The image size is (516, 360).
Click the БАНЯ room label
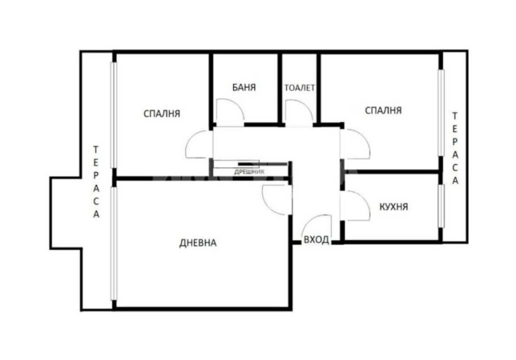(245, 87)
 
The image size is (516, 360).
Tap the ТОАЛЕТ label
(300, 88)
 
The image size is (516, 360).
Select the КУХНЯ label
(393, 207)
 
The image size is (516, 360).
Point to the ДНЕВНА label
(197, 243)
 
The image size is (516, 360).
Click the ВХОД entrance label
(316, 240)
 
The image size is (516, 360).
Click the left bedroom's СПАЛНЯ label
(161, 113)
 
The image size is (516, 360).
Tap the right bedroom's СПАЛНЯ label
(383, 110)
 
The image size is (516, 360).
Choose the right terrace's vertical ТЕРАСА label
(455, 149)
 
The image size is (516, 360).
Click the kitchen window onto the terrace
(442, 206)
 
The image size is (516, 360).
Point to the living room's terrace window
(114, 244)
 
